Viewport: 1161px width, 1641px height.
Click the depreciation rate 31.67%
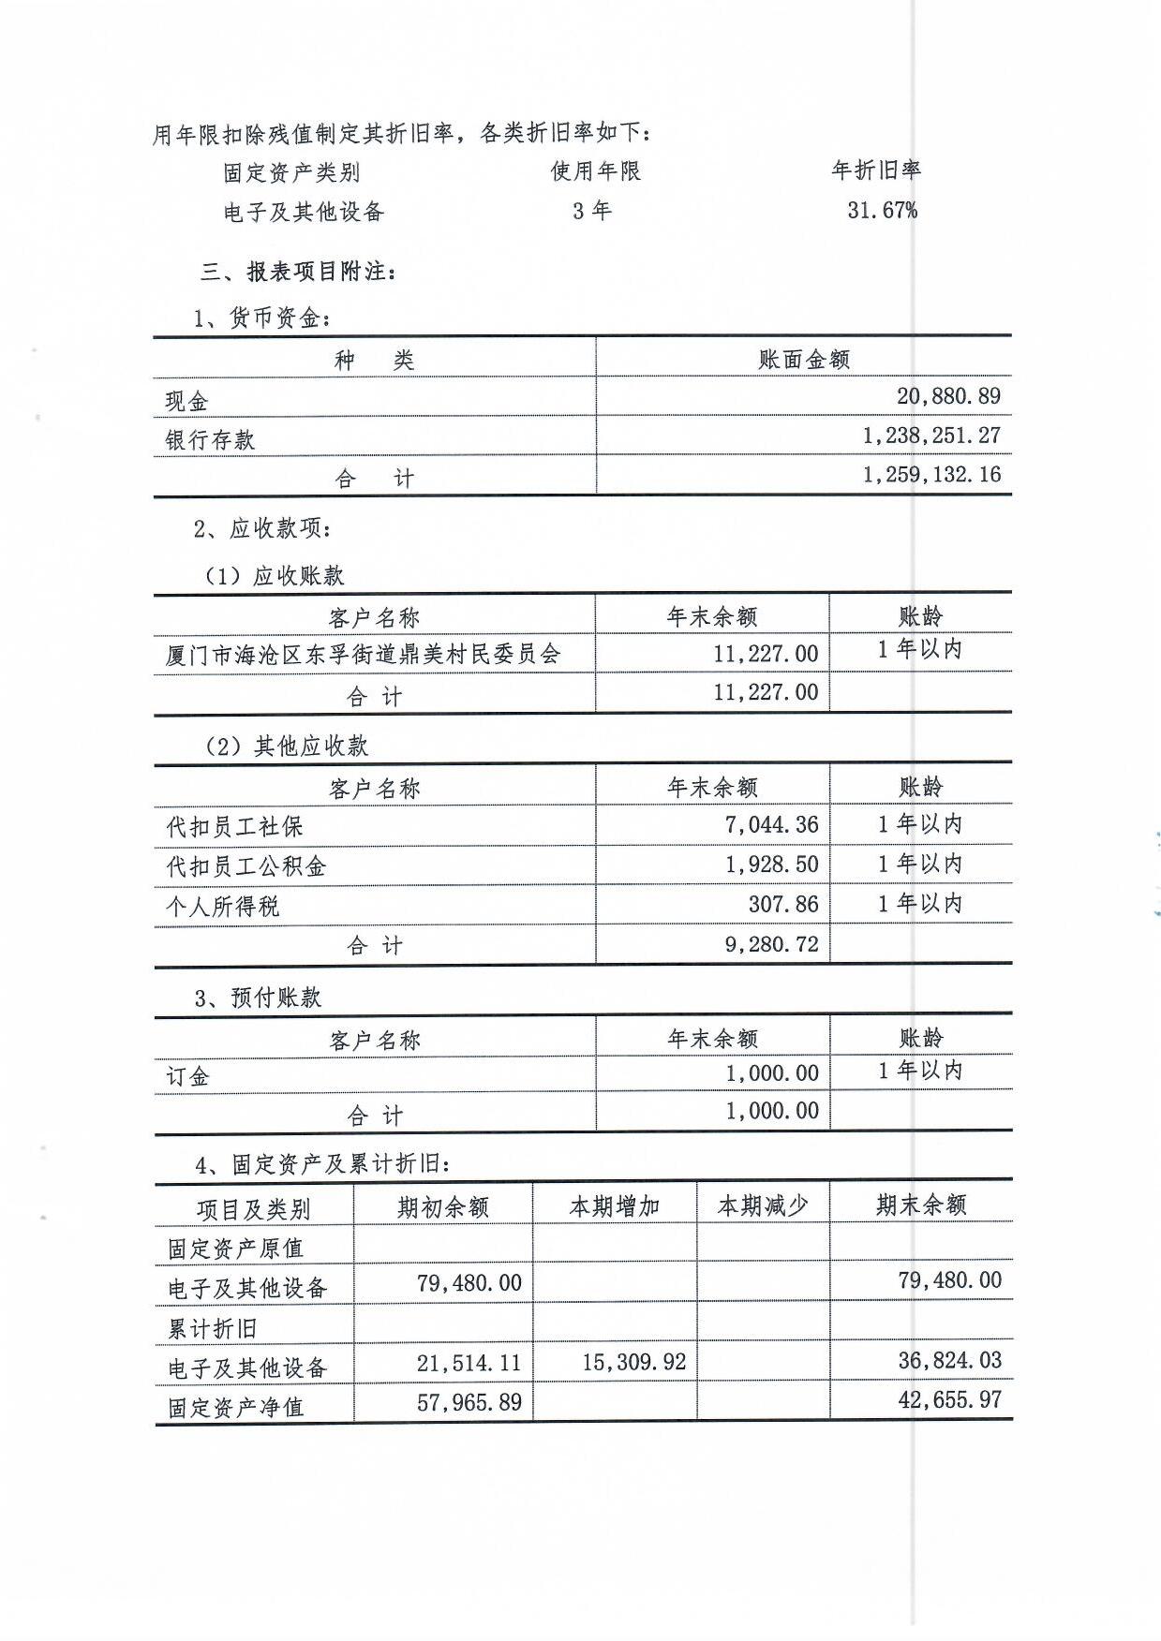[x=882, y=210]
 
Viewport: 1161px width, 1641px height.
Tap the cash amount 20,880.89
[x=948, y=396]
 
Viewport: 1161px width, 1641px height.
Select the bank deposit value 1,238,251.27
[x=931, y=436]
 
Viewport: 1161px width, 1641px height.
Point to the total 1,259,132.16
[x=931, y=475]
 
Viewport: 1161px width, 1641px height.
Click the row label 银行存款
[x=210, y=440]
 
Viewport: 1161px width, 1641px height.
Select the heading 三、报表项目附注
[x=298, y=272]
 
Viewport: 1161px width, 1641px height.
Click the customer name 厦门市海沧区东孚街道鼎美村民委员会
[x=363, y=654]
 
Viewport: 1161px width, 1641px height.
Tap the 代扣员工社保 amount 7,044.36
[x=771, y=825]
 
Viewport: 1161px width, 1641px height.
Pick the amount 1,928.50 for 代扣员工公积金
[x=771, y=865]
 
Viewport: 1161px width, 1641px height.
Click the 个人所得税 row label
[x=223, y=906]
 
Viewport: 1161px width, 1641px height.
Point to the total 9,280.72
[x=771, y=944]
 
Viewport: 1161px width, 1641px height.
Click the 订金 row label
[x=187, y=1076]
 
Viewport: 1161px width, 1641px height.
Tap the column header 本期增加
[x=614, y=1206]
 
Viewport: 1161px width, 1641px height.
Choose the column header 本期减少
[x=762, y=1206]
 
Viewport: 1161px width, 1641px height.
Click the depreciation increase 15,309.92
[x=633, y=1362]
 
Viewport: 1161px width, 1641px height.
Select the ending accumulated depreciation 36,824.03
[x=949, y=1360]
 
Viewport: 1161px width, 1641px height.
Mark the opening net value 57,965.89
[x=469, y=1402]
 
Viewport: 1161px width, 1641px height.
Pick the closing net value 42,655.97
[x=949, y=1400]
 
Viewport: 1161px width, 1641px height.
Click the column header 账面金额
[x=803, y=360]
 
